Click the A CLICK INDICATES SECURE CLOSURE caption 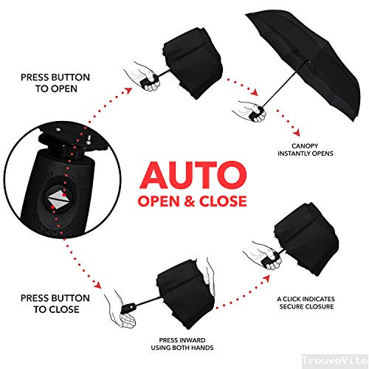[306, 302]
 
